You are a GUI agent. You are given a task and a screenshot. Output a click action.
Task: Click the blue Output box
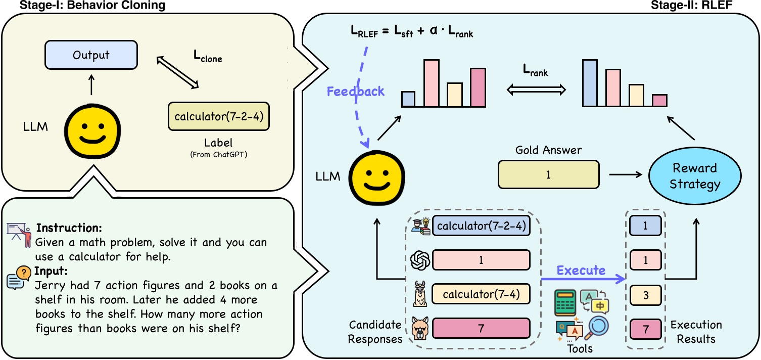pos(91,55)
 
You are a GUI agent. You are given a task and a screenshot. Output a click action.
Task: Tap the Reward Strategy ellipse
pos(695,175)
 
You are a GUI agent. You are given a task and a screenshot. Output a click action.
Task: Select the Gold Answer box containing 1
pos(548,174)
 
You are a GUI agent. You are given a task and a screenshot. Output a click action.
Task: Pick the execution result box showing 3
pos(645,294)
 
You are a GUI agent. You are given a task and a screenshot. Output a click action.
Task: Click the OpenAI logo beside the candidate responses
pos(420,260)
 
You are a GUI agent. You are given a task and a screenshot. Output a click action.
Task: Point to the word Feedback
pos(355,92)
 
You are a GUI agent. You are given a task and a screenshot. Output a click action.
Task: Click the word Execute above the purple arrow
pos(581,270)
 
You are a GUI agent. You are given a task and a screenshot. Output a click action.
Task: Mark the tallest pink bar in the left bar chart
pos(431,83)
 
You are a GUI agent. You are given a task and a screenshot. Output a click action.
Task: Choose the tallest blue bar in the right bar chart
pos(589,83)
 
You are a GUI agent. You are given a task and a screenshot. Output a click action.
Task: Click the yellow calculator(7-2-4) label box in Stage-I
pos(218,117)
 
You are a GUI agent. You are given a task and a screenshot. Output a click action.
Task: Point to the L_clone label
pos(208,58)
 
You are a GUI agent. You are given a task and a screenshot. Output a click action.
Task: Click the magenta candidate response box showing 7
pos(481,328)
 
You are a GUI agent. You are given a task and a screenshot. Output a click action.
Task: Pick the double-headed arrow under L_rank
pos(536,90)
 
